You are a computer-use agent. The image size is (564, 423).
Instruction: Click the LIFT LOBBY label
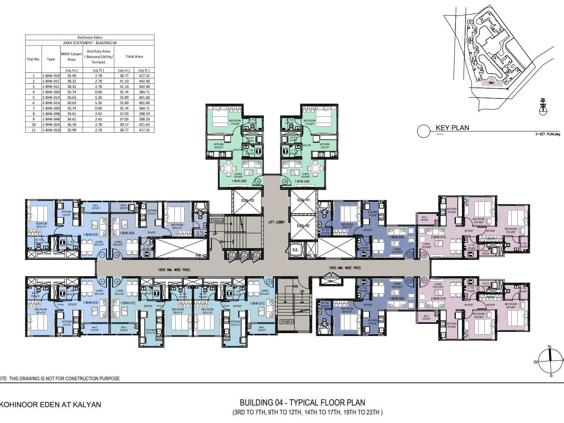tap(277, 222)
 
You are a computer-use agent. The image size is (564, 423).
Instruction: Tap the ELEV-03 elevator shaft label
tap(247, 201)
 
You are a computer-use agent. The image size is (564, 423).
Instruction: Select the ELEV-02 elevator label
tap(303, 226)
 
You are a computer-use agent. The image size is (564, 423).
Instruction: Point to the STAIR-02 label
tap(217, 221)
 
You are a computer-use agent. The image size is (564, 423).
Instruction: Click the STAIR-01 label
tap(287, 322)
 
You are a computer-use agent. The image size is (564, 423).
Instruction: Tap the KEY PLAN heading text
tap(452, 128)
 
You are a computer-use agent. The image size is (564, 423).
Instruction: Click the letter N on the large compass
tap(549, 347)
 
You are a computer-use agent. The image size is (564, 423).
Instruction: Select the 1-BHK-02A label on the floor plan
tap(127, 233)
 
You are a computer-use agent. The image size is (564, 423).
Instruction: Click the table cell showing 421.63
tap(144, 125)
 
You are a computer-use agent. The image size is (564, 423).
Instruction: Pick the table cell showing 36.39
tap(72, 125)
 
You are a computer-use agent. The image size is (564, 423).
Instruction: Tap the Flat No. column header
tap(33, 59)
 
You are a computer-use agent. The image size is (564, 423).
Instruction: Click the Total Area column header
tap(134, 57)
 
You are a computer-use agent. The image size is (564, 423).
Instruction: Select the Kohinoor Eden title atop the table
tap(90, 37)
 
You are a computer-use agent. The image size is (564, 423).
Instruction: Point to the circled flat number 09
tap(258, 181)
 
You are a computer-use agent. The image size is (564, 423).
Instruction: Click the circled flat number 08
tap(285, 181)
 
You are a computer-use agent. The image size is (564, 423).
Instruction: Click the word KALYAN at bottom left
tap(87, 405)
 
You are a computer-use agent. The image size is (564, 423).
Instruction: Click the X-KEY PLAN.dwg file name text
tap(547, 134)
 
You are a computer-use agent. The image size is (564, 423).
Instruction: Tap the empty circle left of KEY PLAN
tap(423, 131)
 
